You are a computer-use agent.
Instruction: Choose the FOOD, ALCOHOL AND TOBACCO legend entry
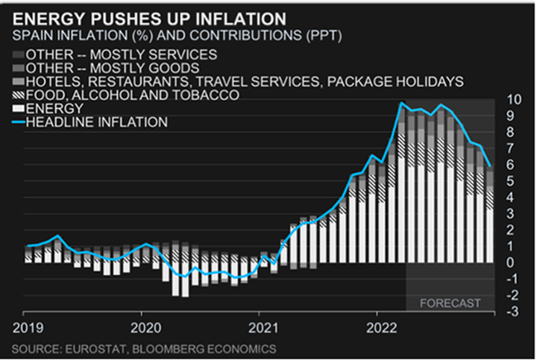(131, 95)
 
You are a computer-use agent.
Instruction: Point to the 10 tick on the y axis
(512, 100)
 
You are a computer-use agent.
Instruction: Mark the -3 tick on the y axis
(512, 312)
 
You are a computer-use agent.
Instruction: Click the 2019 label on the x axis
(25, 326)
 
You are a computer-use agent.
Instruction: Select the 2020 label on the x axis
(142, 326)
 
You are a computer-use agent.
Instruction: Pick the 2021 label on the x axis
(260, 326)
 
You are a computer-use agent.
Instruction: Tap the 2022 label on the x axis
(380, 326)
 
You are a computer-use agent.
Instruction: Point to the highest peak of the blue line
(402, 103)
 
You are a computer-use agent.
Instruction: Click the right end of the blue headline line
(491, 165)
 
